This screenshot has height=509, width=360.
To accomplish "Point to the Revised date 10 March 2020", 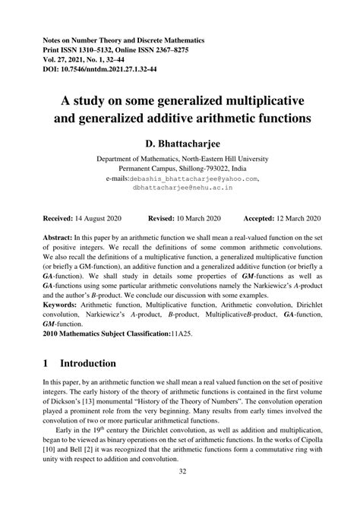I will [199, 217].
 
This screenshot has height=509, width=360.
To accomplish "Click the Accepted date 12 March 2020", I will [308, 217].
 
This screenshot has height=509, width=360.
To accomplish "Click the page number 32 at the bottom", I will [180, 493].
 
